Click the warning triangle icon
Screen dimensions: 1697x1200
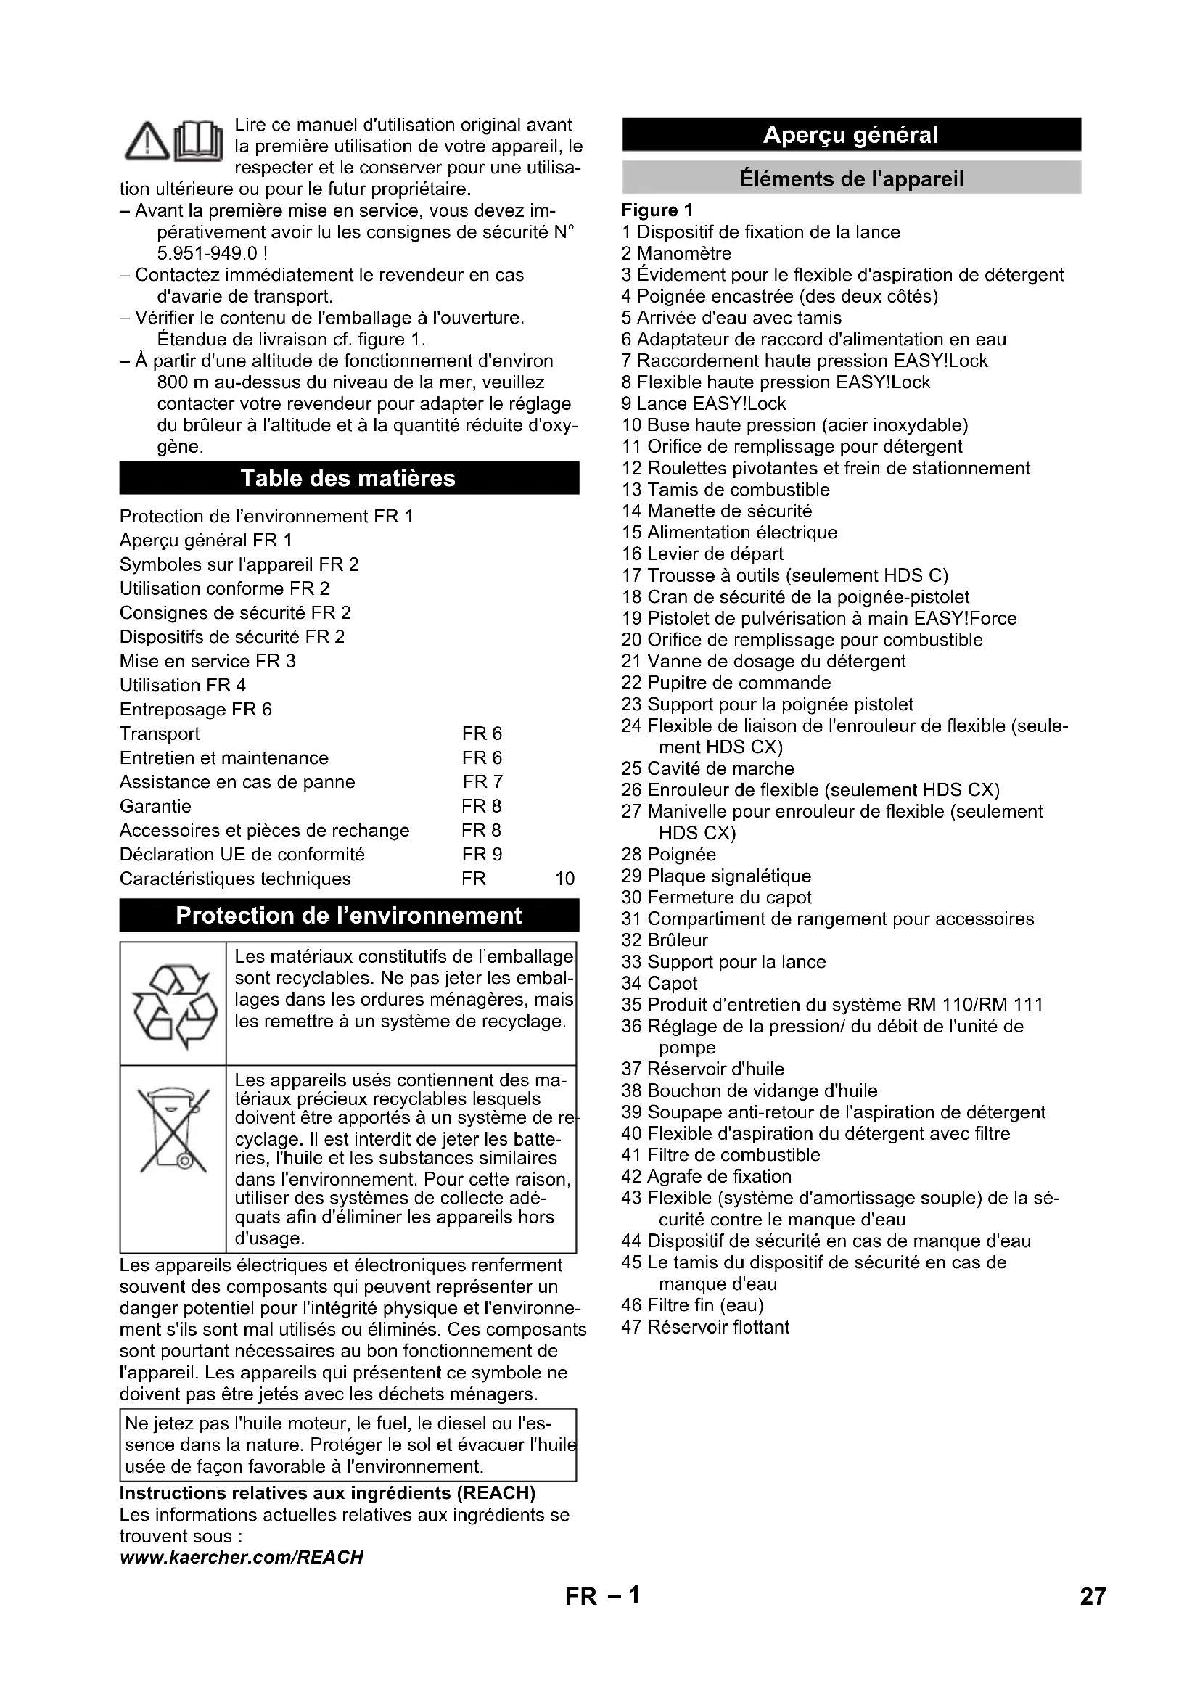147,141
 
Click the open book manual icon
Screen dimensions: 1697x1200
197,141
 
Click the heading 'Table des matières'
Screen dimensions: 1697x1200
348,478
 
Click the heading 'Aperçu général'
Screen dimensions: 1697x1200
850,134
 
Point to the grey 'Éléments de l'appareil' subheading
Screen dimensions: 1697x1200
851,179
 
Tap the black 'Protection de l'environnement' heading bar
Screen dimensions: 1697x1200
348,916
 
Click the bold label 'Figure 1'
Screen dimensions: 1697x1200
657,210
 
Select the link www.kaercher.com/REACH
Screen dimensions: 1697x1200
242,1557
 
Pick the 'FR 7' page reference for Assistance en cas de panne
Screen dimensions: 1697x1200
482,781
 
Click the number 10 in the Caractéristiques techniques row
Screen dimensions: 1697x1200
564,879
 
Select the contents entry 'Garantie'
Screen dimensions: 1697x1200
155,805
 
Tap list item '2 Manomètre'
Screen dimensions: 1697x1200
676,253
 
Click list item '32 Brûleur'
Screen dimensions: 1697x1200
665,940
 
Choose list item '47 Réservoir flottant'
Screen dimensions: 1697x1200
705,1327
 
